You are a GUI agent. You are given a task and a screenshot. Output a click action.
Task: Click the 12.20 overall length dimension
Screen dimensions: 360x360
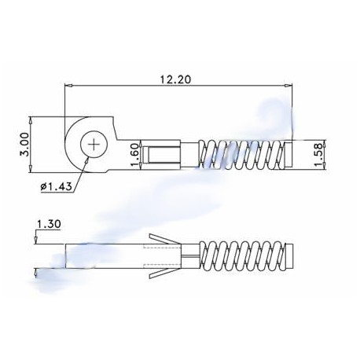pyautogui.click(x=176, y=79)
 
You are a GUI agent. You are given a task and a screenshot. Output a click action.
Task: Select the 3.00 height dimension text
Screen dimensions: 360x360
pyautogui.click(x=24, y=145)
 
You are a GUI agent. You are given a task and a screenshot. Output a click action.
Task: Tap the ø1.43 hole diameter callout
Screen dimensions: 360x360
pyautogui.click(x=56, y=186)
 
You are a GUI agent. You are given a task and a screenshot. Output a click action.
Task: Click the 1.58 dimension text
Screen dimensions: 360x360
pyautogui.click(x=318, y=154)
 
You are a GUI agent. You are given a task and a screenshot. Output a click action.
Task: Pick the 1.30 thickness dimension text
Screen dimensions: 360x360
pyautogui.click(x=50, y=224)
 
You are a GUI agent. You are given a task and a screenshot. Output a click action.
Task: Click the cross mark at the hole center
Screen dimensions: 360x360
pyautogui.click(x=94, y=145)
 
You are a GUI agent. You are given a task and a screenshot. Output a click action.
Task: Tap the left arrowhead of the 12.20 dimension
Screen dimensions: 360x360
pyautogui.click(x=68, y=86)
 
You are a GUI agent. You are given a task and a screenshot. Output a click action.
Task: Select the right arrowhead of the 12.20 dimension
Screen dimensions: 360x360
pyautogui.click(x=288, y=86)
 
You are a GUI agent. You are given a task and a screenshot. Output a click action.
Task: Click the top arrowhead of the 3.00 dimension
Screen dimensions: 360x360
pyautogui.click(x=31, y=121)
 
